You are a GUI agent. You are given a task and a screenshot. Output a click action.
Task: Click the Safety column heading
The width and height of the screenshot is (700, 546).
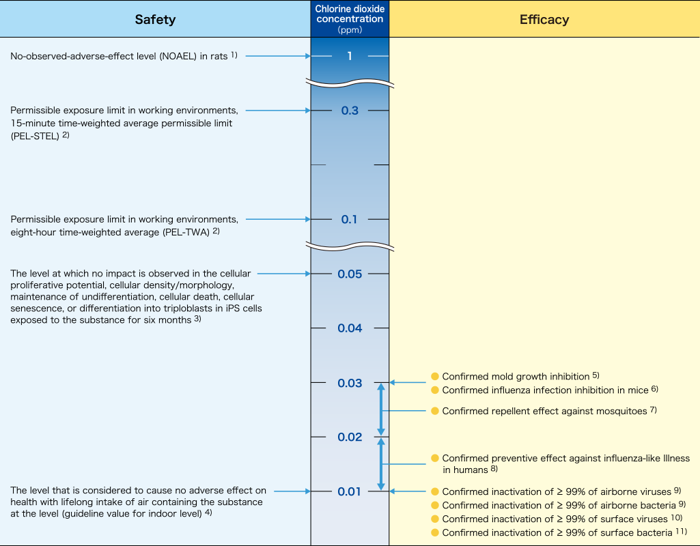coord(155,19)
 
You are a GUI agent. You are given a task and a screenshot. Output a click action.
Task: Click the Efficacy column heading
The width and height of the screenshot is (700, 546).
coord(544,19)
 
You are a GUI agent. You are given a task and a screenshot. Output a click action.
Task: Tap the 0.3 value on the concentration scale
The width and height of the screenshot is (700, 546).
coord(350,111)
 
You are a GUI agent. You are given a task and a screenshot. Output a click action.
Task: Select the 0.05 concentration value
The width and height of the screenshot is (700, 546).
coord(350,274)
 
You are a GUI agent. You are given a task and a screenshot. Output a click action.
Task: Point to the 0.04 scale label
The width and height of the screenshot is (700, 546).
coord(350,328)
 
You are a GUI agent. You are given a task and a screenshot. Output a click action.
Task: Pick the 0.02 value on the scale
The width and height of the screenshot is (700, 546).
coord(350,437)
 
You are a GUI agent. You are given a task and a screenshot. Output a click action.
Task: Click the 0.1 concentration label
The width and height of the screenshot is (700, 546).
coord(350,220)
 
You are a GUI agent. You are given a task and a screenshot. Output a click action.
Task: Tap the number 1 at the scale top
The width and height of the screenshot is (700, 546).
coord(350,56)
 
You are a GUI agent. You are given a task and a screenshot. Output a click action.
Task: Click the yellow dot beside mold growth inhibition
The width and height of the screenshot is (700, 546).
coord(434,376)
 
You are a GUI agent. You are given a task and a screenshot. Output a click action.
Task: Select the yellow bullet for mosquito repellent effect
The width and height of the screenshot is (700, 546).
coord(434,411)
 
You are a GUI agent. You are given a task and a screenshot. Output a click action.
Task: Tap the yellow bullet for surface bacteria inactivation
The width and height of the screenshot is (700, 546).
coord(434,532)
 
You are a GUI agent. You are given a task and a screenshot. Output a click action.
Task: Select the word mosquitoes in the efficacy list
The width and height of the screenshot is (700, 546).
coord(619,411)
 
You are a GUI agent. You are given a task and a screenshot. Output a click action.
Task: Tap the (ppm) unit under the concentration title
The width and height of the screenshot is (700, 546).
coord(350,30)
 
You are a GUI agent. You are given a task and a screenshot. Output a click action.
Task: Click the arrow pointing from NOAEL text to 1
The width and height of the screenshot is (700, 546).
coord(277,56)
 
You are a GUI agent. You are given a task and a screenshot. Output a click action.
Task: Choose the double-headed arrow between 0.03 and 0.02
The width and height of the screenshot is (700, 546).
coord(382,409)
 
